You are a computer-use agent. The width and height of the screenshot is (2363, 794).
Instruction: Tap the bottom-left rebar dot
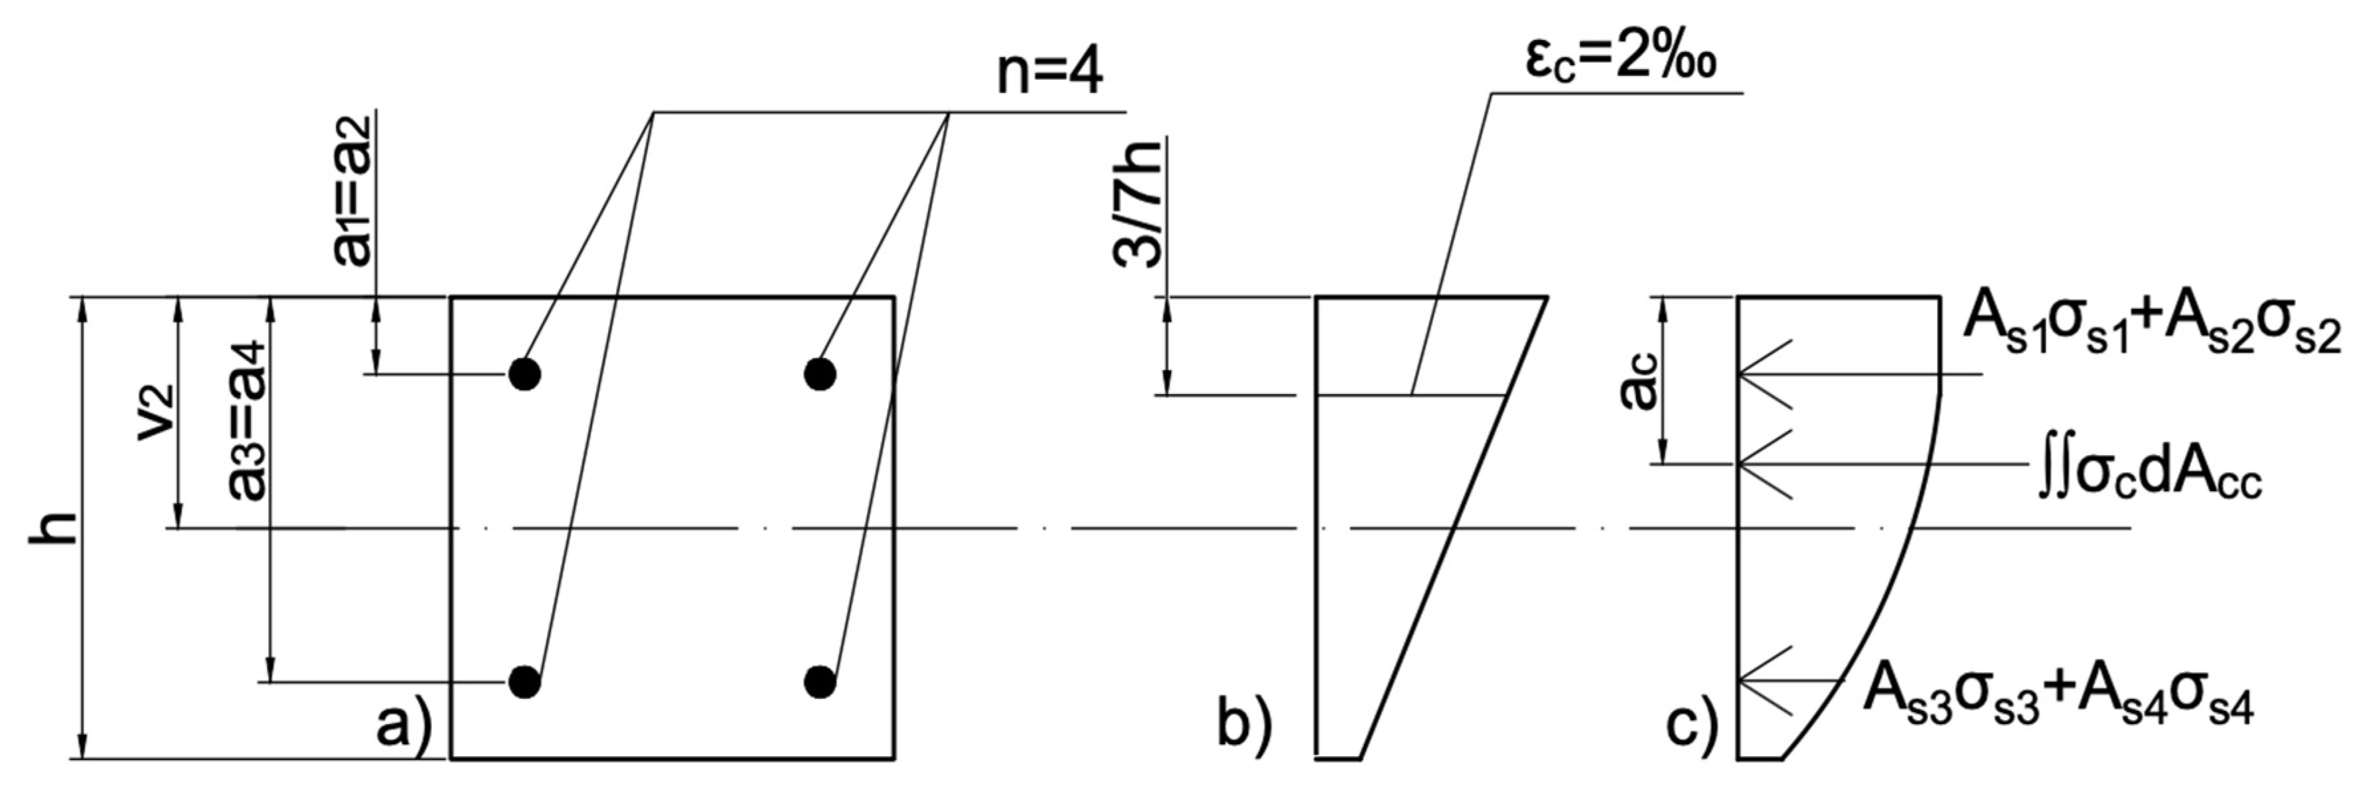pos(524,681)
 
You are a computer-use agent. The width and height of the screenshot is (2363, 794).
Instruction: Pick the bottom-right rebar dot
pos(820,681)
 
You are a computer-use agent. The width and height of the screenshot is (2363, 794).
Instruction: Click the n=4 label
pos(1049,72)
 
